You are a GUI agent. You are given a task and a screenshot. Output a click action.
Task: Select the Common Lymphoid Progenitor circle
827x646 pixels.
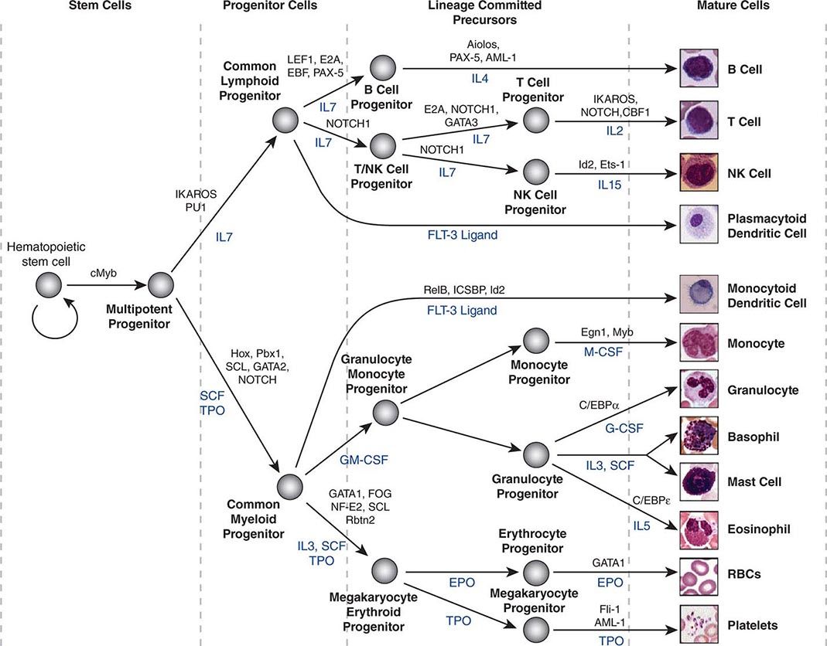[285, 121]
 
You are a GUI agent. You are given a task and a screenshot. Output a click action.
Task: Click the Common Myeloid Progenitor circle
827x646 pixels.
[289, 485]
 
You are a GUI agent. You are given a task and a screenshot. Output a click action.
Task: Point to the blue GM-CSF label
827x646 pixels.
[364, 461]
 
